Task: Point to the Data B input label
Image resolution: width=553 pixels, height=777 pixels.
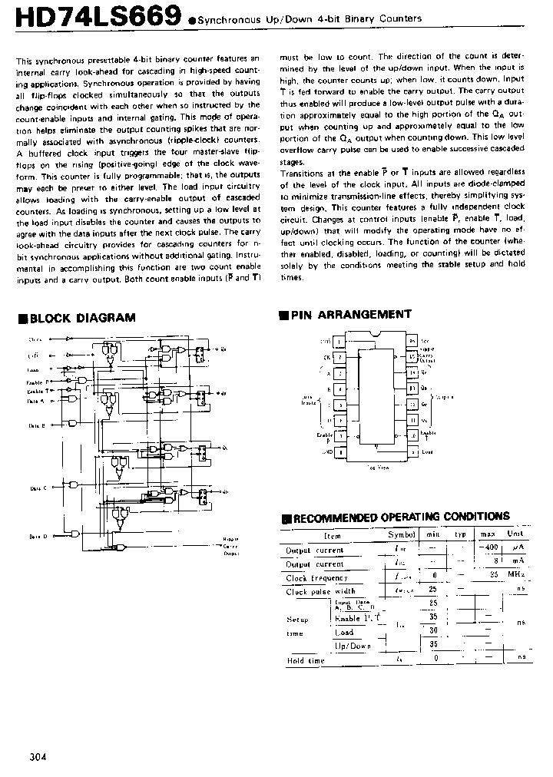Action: point(38,425)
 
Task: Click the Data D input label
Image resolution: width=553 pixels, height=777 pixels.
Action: point(38,536)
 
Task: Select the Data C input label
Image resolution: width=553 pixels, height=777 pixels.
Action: point(38,488)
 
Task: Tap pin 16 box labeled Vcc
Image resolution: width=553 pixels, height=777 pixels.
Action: point(412,340)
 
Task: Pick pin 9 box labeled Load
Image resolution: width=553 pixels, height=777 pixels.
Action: point(412,453)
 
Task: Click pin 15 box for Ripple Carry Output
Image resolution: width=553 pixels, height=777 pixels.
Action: point(412,356)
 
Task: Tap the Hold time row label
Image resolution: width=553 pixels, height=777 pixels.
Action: point(305,660)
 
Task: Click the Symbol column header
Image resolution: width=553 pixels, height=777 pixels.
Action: point(401,535)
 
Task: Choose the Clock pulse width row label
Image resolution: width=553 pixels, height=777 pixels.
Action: point(320,591)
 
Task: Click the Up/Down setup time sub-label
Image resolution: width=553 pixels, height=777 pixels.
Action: point(353,646)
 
